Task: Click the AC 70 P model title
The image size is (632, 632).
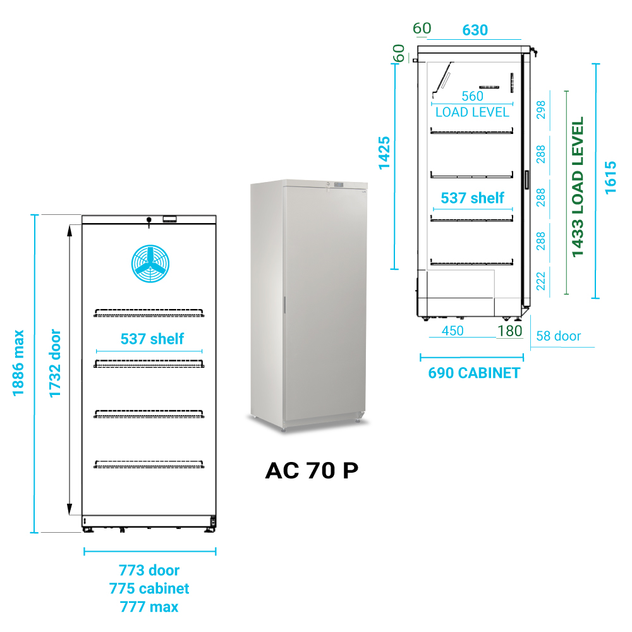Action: pos(312,471)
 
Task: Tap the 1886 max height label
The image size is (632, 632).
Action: pos(18,363)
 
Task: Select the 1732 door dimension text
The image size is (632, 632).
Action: pos(56,363)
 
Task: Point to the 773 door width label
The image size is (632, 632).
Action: pos(149,571)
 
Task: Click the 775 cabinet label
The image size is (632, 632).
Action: pos(149,588)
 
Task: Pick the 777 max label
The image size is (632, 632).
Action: pos(149,607)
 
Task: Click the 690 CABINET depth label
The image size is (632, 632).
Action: pos(474,373)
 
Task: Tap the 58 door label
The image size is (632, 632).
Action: pos(558,336)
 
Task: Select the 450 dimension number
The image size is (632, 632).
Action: pos(453,331)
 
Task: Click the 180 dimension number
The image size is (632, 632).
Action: pos(509,331)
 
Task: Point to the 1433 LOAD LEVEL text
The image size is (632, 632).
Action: pos(577,187)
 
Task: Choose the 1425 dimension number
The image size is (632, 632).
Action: pos(384,153)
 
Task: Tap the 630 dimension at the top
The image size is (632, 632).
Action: pos(475,30)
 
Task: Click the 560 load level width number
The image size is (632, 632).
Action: pos(472,96)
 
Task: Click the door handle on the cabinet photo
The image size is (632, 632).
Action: pos(284,305)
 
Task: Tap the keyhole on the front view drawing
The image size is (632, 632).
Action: pos(149,221)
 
